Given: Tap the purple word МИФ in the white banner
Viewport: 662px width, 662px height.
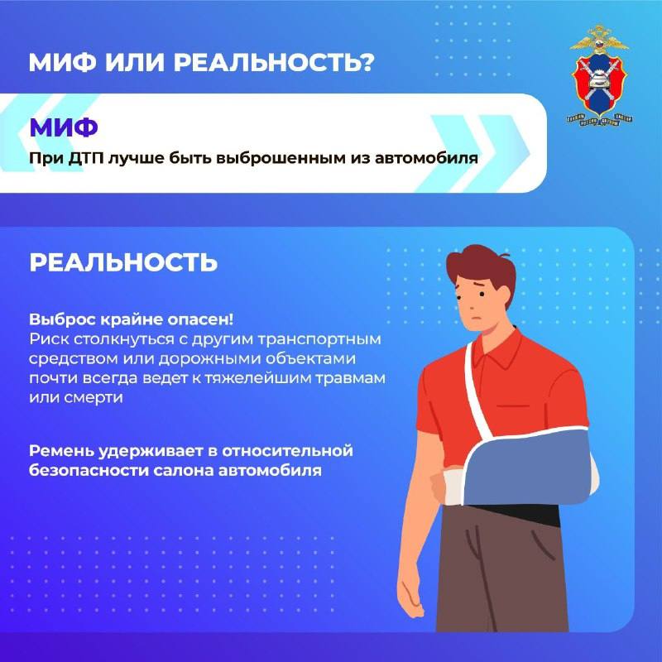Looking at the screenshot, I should [64, 127].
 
